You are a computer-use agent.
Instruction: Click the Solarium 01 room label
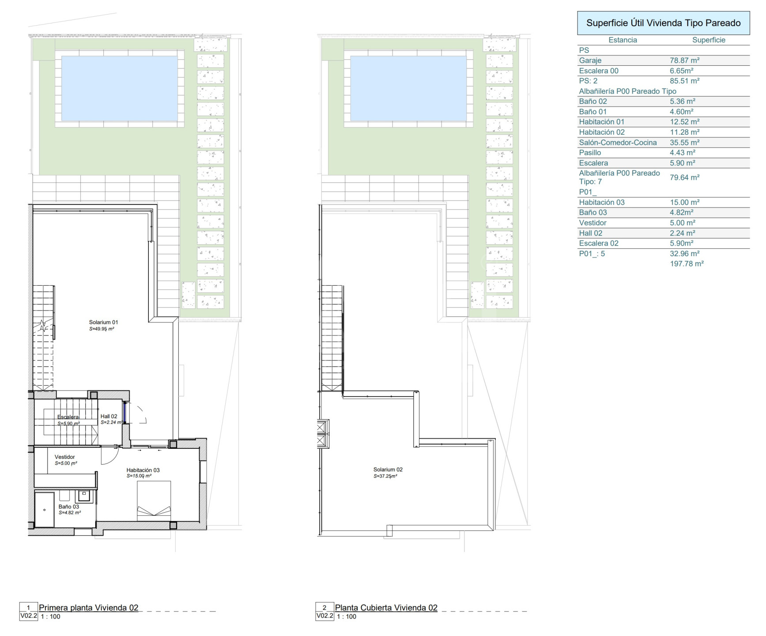(103, 322)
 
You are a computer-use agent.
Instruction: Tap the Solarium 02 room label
(388, 469)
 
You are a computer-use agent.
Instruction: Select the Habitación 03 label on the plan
(143, 470)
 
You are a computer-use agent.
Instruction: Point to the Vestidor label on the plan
(65, 457)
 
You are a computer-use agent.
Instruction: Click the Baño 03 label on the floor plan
(69, 507)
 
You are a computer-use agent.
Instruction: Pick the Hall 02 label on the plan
(109, 416)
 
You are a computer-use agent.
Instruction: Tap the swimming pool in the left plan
(119, 88)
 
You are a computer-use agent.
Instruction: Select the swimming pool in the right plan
(408, 88)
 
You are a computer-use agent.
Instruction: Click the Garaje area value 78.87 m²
(684, 61)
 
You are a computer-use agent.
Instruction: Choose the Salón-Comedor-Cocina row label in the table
(618, 143)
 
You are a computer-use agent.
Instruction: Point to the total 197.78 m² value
(687, 264)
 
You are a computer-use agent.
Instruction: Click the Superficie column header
(709, 40)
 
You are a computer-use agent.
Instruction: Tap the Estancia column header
(623, 40)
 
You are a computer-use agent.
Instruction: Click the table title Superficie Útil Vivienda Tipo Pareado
(664, 23)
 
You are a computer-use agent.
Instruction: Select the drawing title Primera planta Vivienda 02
(89, 608)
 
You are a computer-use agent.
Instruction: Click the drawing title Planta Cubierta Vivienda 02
(386, 608)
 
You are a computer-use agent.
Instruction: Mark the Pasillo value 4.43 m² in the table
(683, 153)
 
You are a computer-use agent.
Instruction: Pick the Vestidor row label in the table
(592, 223)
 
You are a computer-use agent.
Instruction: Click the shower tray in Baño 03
(44, 510)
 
